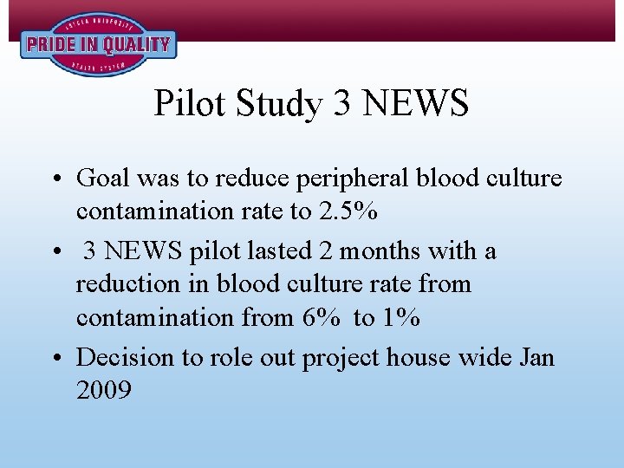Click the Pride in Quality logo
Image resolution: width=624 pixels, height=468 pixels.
pos(98,44)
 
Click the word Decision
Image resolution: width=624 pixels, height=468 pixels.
pos(126,357)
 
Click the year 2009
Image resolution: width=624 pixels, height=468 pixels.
pos(104,390)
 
